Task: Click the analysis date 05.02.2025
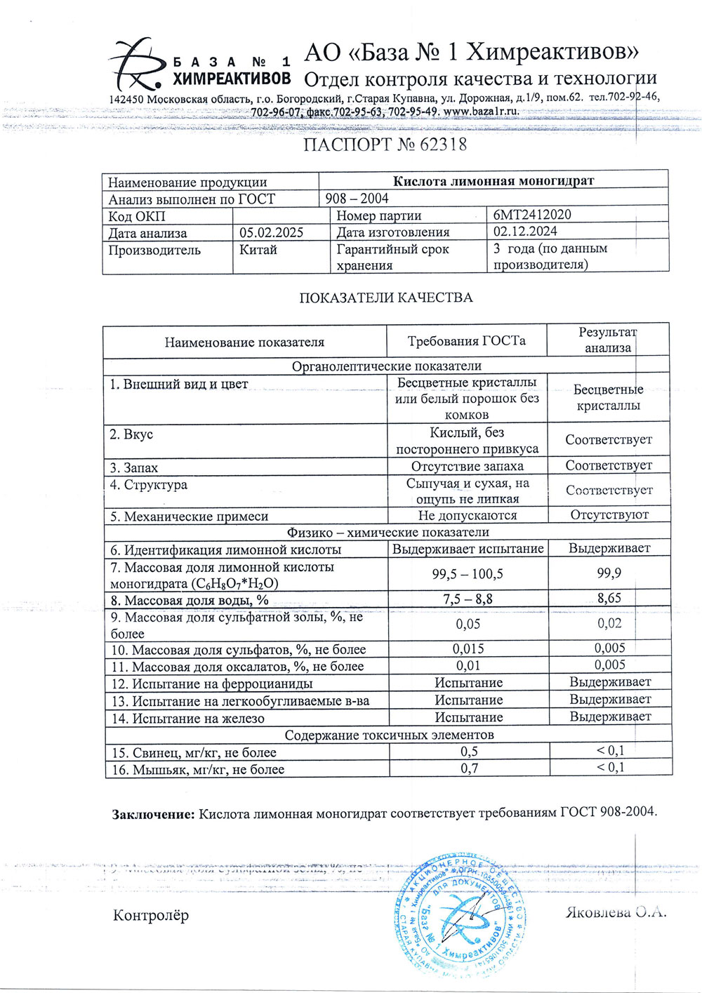[271, 232]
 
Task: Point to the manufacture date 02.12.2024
[525, 232]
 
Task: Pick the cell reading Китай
[258, 250]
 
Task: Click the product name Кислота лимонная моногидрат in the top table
[493, 181]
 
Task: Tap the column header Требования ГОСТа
[466, 342]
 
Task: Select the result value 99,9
[609, 573]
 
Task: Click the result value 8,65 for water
[609, 599]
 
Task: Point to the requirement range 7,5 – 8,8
[468, 599]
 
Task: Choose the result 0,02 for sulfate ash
[609, 623]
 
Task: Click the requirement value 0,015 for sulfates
[468, 649]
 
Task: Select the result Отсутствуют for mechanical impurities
[609, 514]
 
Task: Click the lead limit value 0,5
[469, 752]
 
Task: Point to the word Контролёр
[151, 915]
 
